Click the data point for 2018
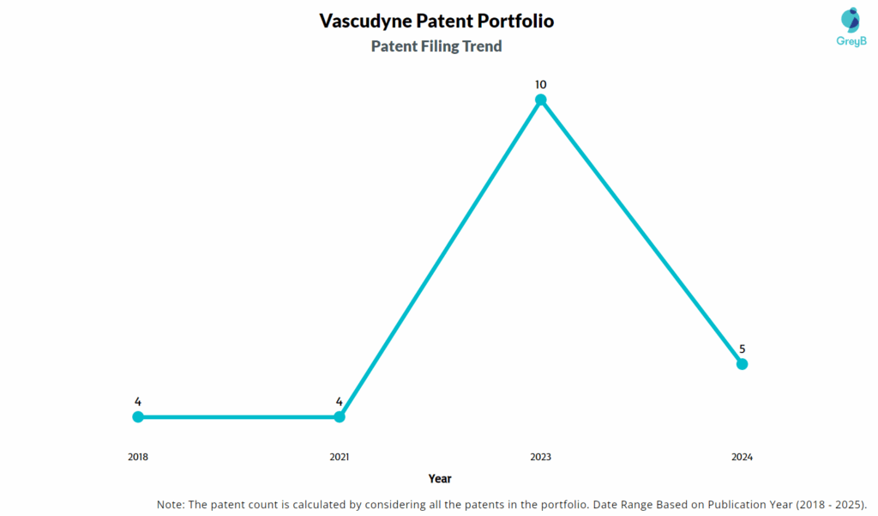coord(138,416)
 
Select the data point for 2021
coord(340,416)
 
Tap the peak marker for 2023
coord(541,100)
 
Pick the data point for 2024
coord(743,364)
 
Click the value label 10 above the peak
coord(541,84)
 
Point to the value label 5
coord(743,349)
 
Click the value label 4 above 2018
coord(138,401)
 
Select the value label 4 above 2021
coord(340,401)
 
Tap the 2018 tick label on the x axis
coord(138,457)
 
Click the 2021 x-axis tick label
coord(340,457)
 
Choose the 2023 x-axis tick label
coord(541,457)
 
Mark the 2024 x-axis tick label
coord(743,457)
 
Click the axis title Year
coord(440,478)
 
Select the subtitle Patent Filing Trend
coord(436,46)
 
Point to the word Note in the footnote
coord(171,503)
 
